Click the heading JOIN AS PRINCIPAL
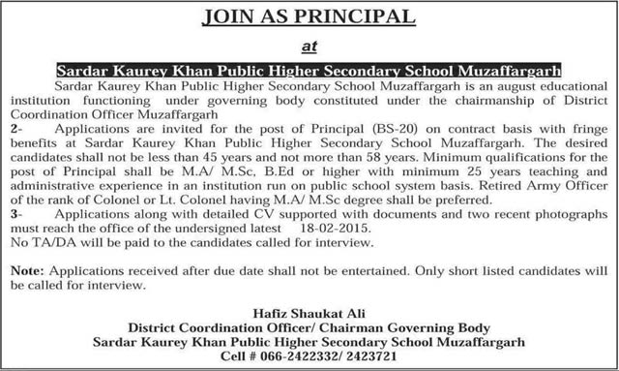pos(309,16)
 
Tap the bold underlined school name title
pos(309,71)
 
